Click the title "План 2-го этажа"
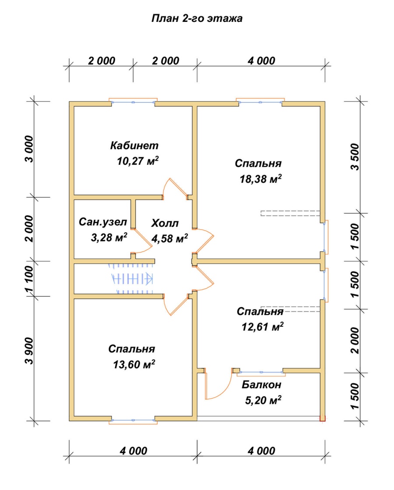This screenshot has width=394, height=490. pyautogui.click(x=197, y=18)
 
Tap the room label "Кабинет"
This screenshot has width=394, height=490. pyautogui.click(x=134, y=145)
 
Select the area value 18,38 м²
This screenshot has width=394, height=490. pyautogui.click(x=260, y=179)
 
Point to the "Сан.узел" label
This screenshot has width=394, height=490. pyautogui.click(x=103, y=222)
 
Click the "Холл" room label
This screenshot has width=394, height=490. pyautogui.click(x=165, y=223)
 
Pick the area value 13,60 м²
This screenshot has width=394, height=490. pyautogui.click(x=134, y=364)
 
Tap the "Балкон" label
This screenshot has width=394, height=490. pyautogui.click(x=261, y=385)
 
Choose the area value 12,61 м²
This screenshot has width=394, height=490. pyautogui.click(x=262, y=327)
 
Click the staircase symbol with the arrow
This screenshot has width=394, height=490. pyautogui.click(x=131, y=278)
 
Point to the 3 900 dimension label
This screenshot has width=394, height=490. pyautogui.click(x=29, y=350)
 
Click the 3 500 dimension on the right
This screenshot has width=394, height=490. pyautogui.click(x=355, y=157)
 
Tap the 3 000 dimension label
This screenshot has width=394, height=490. pyautogui.click(x=29, y=149)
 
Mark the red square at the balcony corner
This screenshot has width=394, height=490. pyautogui.click(x=322, y=418)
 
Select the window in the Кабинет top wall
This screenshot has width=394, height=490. pyautogui.click(x=133, y=102)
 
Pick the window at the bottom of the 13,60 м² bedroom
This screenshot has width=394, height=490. pyautogui.click(x=133, y=420)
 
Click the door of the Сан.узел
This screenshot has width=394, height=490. pyautogui.click(x=142, y=241)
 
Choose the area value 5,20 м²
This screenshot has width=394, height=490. pyautogui.click(x=263, y=400)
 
